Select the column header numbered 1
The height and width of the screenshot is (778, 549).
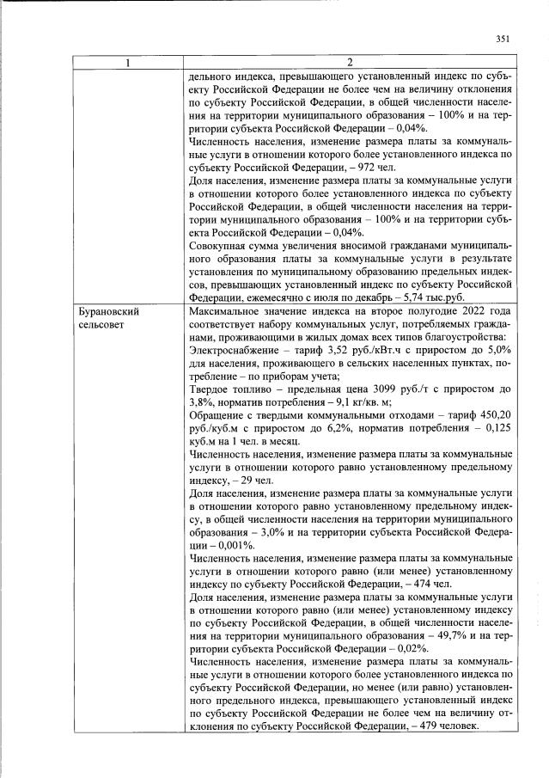pos(126,63)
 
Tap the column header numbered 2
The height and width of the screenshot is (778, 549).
pos(350,63)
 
